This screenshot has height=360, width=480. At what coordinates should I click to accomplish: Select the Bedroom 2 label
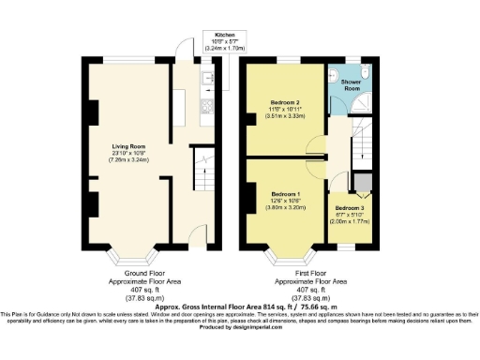click(x=284, y=101)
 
